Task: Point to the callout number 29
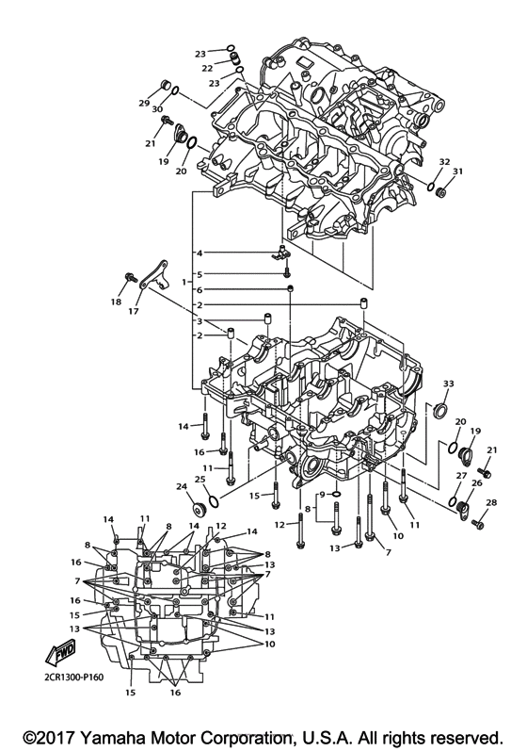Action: click(145, 103)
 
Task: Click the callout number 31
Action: click(458, 171)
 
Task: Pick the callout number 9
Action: click(322, 494)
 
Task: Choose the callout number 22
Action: click(207, 69)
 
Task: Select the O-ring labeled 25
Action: click(214, 500)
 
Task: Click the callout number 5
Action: click(200, 273)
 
